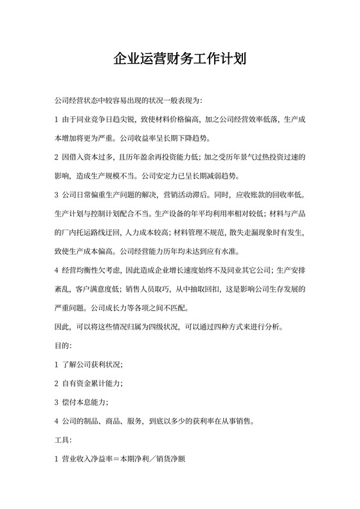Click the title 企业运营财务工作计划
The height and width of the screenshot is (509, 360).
[179, 60]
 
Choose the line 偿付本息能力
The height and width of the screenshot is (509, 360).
[85, 402]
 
